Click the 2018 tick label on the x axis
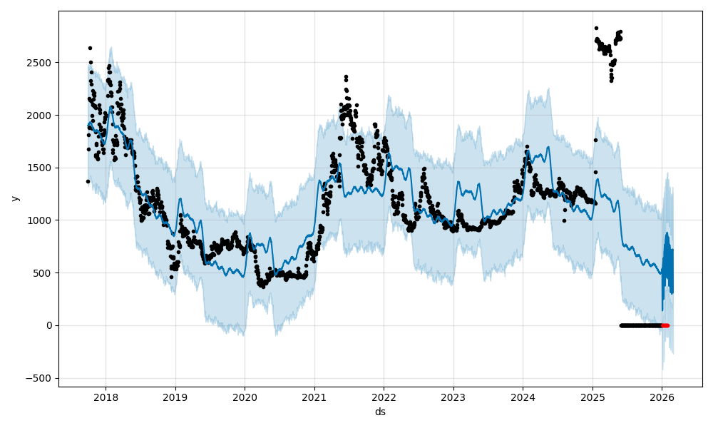click(x=106, y=397)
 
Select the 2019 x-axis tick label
click(x=175, y=397)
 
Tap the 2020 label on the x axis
click(x=245, y=397)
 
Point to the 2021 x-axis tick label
click(x=314, y=397)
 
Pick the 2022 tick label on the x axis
click(x=384, y=397)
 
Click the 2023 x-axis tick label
click(x=453, y=397)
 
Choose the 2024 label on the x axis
click(x=523, y=397)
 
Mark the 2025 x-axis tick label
click(x=593, y=397)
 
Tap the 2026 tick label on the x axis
click(x=662, y=397)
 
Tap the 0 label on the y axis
click(x=50, y=325)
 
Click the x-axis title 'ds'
click(x=380, y=412)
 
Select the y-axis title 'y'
click(x=14, y=198)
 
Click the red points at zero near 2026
click(x=665, y=325)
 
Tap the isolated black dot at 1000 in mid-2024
click(x=564, y=220)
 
